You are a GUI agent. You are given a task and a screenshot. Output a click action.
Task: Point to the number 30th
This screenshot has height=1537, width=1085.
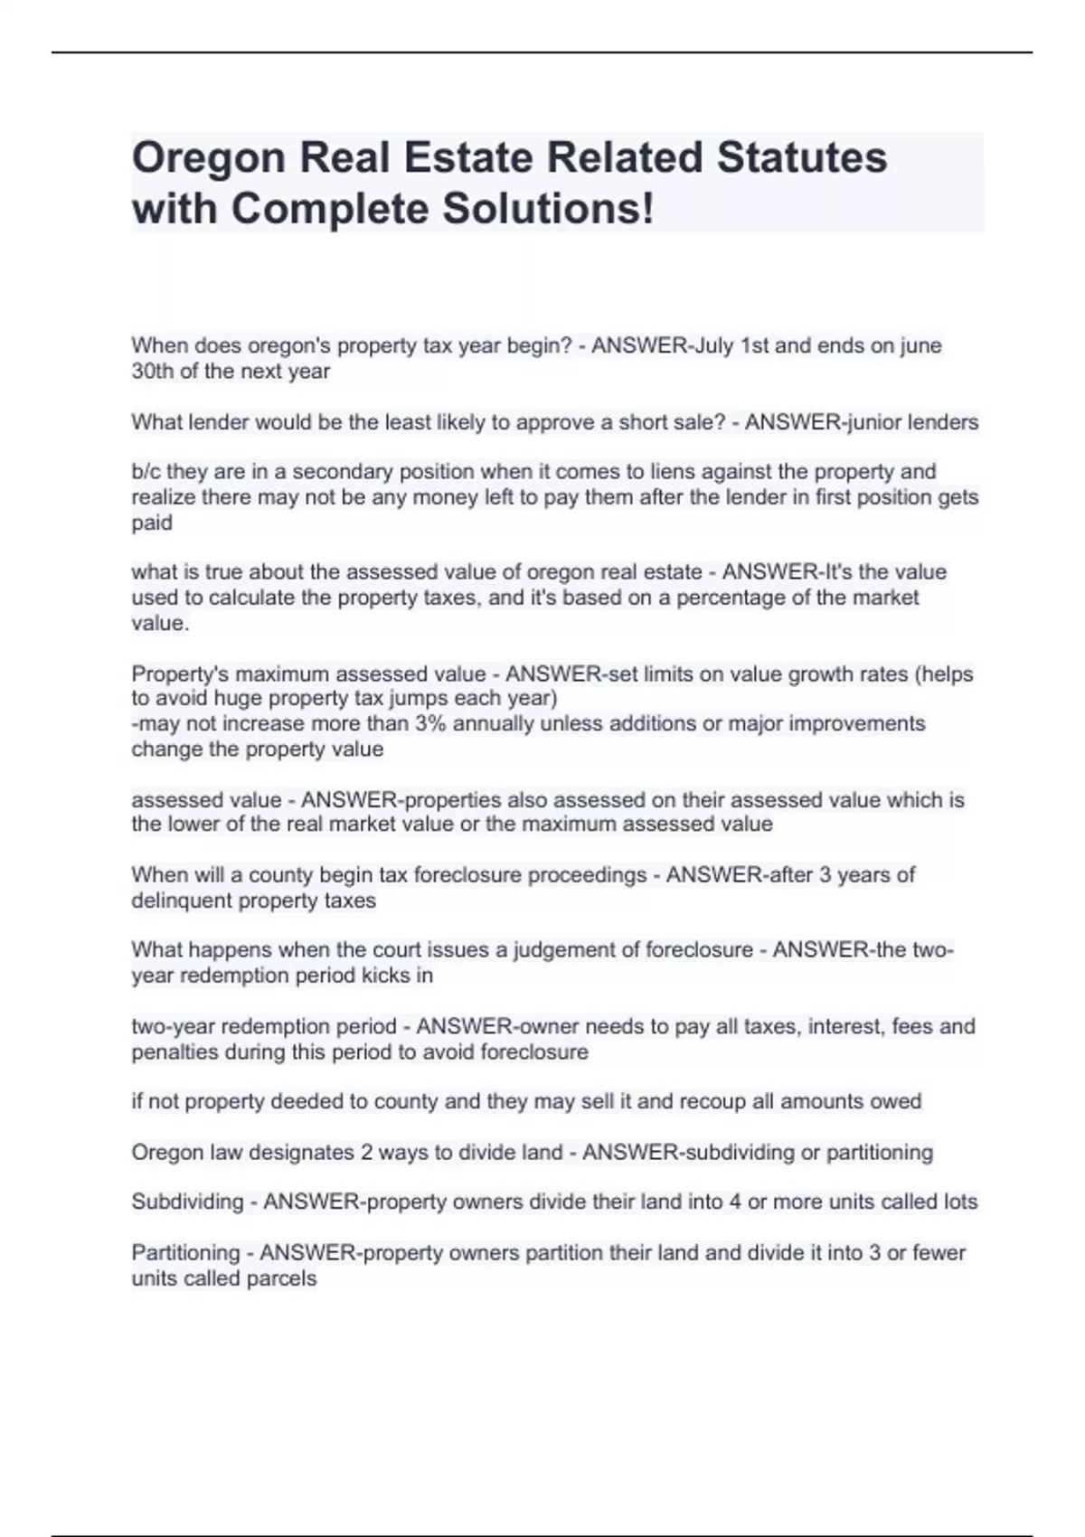(x=152, y=371)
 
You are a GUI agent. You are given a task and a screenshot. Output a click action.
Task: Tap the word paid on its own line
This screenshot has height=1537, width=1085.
(x=151, y=523)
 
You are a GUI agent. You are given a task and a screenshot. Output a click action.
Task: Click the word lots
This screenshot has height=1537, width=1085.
(x=959, y=1202)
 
